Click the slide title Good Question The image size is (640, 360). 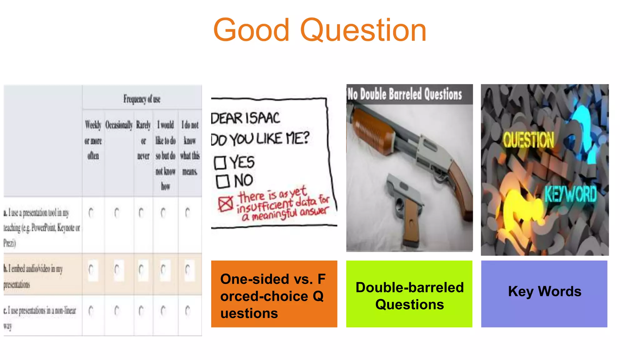point(320,30)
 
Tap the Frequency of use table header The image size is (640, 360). point(142,99)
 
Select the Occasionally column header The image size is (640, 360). point(119,125)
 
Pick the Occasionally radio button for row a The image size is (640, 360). point(117,213)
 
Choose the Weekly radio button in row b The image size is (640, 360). point(91,269)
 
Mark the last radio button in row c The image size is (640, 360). point(187,311)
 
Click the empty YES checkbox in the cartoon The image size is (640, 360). point(220,163)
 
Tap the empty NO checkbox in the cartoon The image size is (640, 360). point(222,181)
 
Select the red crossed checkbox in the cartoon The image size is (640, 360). point(225,204)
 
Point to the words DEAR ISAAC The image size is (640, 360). point(245,118)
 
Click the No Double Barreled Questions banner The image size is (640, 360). point(405,94)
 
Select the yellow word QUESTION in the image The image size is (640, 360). point(528,140)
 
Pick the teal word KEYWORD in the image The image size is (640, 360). point(571,194)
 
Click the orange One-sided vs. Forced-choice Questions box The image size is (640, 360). point(274,294)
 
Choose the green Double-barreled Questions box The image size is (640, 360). point(409,294)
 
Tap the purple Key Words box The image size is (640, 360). point(544,294)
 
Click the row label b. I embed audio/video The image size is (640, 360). point(33,276)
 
